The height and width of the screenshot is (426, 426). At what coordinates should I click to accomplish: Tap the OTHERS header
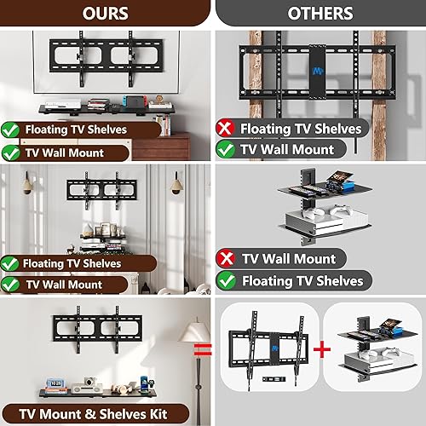click(319, 13)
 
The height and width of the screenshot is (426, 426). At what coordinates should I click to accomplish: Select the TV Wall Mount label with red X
click(288, 258)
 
